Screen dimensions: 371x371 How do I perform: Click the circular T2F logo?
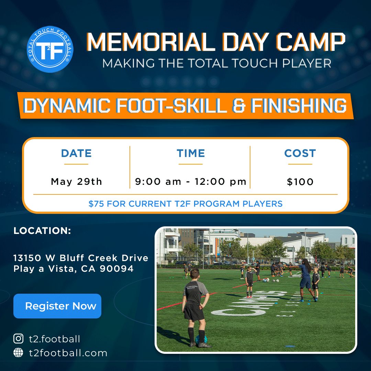(x=50, y=49)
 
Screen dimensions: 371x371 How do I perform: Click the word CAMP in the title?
(x=311, y=42)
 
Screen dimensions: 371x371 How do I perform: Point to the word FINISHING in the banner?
(x=299, y=106)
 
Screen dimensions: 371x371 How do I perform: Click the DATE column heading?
(x=76, y=153)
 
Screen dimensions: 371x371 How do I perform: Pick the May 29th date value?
(x=76, y=182)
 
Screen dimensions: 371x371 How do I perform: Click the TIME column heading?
(x=191, y=153)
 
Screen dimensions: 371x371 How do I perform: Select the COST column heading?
(x=300, y=153)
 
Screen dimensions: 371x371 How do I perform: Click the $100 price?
(x=300, y=182)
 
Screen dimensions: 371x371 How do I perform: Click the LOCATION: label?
(x=42, y=231)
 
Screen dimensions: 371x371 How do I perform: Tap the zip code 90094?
(x=117, y=269)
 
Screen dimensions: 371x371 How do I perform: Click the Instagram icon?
(x=19, y=339)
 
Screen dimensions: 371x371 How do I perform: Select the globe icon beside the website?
(x=19, y=352)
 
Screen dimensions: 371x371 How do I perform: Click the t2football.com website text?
(x=68, y=353)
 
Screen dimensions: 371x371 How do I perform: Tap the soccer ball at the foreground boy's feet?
(x=201, y=339)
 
